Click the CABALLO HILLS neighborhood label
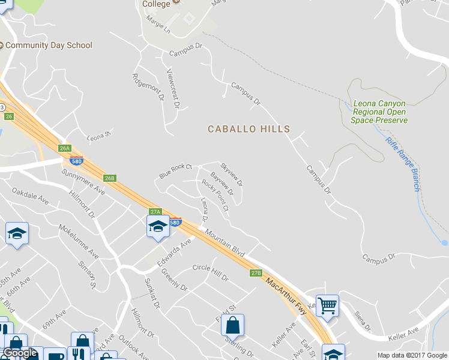(249, 129)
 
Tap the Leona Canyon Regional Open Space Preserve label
(380, 112)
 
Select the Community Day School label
(49, 45)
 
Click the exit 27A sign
(155, 212)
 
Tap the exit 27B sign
(256, 273)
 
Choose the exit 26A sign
(65, 148)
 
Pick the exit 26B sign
(109, 178)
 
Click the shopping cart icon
(327, 305)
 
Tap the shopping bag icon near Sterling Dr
(232, 325)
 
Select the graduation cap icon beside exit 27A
(158, 226)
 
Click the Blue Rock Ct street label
(175, 171)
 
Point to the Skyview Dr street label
(232, 173)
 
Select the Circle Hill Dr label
(211, 273)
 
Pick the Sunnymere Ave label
(83, 181)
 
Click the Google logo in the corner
(20, 353)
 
